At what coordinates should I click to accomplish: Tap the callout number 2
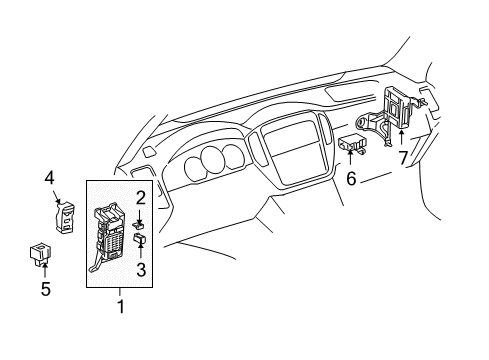[x=141, y=197]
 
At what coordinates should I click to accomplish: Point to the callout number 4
[x=48, y=179]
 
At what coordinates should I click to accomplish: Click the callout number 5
[x=45, y=291]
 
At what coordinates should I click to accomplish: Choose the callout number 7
[x=402, y=158]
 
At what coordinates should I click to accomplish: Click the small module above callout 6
[x=353, y=143]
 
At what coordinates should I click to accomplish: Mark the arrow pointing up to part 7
[x=402, y=137]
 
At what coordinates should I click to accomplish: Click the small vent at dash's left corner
[x=148, y=152]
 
